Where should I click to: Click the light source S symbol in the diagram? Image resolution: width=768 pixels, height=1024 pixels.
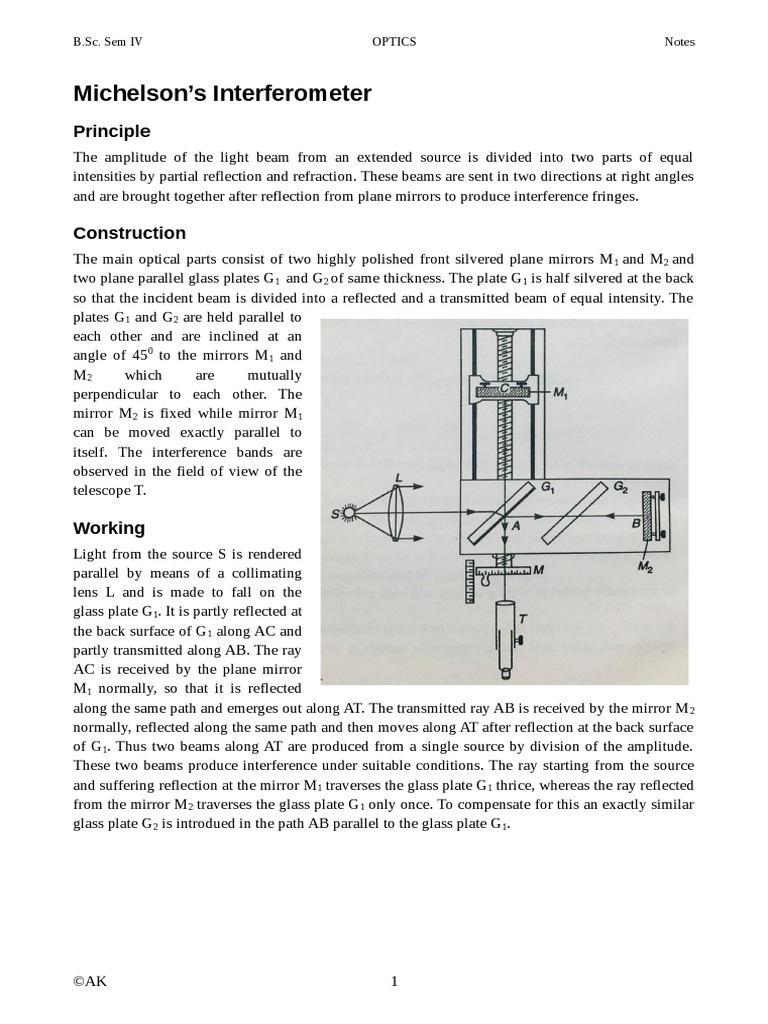[349, 515]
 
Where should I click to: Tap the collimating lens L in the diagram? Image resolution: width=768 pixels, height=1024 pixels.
[396, 515]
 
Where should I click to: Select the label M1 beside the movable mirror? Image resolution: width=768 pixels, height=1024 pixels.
[563, 394]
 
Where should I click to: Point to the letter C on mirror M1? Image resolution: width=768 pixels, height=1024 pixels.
[506, 385]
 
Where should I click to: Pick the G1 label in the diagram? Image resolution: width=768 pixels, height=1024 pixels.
[548, 488]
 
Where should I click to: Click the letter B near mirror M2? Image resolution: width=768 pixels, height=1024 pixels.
[636, 522]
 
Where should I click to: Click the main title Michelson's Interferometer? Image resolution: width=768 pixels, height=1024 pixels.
[222, 94]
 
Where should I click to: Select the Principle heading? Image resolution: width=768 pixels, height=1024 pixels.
[112, 131]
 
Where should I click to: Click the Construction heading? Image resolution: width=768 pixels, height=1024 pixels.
[129, 233]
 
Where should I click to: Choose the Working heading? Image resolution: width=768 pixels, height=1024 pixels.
[109, 528]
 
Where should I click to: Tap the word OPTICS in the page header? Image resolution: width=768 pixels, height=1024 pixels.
[394, 42]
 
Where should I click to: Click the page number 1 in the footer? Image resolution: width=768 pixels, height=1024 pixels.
[394, 980]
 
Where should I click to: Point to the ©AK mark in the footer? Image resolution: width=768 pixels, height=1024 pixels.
[90, 980]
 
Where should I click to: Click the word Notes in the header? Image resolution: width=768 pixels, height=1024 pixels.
[679, 42]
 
